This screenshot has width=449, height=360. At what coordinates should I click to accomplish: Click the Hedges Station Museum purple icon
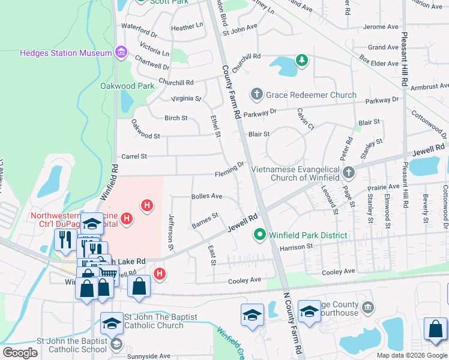coord(121,53)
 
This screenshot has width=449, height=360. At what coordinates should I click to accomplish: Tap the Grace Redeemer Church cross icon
coord(257,94)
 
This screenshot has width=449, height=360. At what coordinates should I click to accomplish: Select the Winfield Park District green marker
coord(260,235)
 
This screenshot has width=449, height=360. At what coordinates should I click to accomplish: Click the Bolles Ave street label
coord(206,196)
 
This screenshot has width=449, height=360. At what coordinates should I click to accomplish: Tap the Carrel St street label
coord(134,157)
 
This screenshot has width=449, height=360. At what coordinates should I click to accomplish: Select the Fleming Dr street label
coord(230,170)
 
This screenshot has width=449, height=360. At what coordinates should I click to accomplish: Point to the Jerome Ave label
coord(381,27)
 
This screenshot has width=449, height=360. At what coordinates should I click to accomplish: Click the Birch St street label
coord(176,118)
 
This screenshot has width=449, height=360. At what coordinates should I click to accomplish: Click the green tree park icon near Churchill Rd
coord(301,60)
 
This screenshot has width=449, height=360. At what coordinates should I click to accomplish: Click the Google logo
coord(20,353)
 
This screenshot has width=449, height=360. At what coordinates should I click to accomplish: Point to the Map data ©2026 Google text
coord(411,355)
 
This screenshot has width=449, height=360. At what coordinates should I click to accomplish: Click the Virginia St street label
coord(186,98)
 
